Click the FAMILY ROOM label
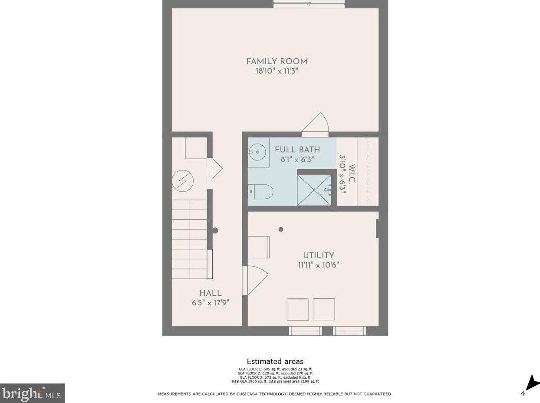click(x=277, y=61)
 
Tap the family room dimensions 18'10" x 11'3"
click(x=277, y=71)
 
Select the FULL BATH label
click(x=297, y=150)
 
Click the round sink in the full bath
click(x=258, y=152)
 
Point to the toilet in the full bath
click(x=261, y=191)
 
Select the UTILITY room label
click(x=319, y=256)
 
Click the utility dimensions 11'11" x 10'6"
click(x=319, y=265)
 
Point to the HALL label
click(x=211, y=293)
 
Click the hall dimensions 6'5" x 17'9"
click(x=211, y=303)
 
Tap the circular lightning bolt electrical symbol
click(x=183, y=180)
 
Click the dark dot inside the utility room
click(x=281, y=229)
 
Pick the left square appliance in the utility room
click(x=298, y=309)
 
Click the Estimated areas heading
click(x=275, y=361)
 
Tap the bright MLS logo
click(x=33, y=393)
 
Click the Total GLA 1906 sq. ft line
click(x=275, y=381)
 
